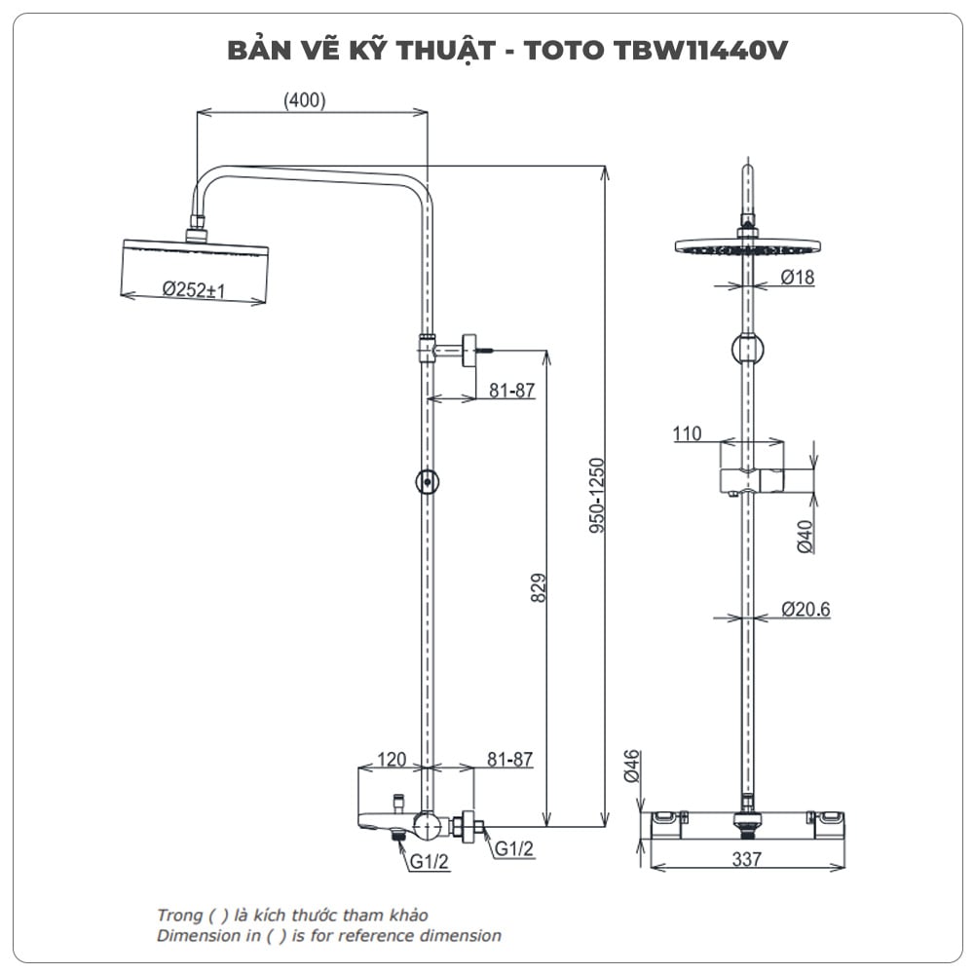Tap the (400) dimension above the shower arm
(x=304, y=100)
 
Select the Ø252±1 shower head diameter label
(x=195, y=289)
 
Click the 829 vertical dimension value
(x=539, y=587)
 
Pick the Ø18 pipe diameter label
(x=797, y=278)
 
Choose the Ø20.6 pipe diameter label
(x=805, y=610)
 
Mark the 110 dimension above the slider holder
(x=687, y=433)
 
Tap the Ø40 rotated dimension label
(x=805, y=537)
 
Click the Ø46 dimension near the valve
(x=631, y=767)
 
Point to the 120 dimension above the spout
(x=392, y=760)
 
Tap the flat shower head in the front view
(x=747, y=246)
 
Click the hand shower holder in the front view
(x=751, y=479)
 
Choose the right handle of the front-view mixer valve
(x=827, y=823)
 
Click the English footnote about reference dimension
(x=329, y=936)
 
